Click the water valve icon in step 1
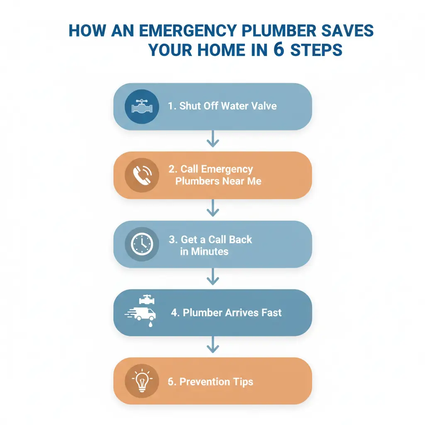pyautogui.click(x=142, y=106)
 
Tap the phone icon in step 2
pyautogui.click(x=142, y=175)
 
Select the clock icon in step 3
pyautogui.click(x=142, y=244)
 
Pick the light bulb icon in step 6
pyautogui.click(x=142, y=381)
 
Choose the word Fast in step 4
pyautogui.click(x=271, y=313)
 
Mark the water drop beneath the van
pyautogui.click(x=150, y=324)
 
